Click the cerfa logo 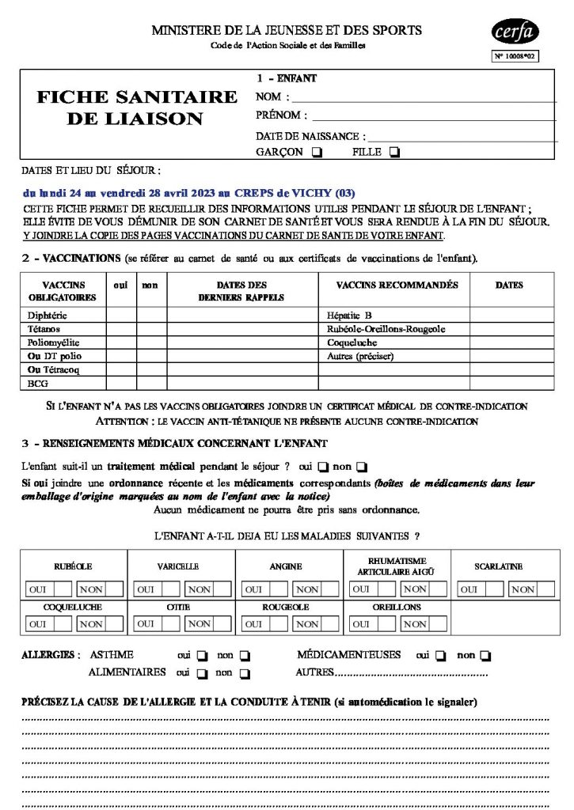click(x=515, y=32)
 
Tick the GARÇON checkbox click(x=317, y=152)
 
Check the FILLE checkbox click(x=394, y=152)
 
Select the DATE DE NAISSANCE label click(x=310, y=136)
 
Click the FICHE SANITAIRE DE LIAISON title click(x=136, y=108)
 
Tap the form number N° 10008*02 click(x=515, y=56)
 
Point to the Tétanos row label click(x=44, y=328)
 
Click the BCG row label click(x=38, y=383)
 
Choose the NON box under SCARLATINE click(x=522, y=589)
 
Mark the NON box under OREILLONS click(x=414, y=623)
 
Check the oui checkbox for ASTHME click(x=201, y=656)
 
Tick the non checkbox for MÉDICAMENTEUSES click(x=485, y=656)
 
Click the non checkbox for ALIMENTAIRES click(x=244, y=673)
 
